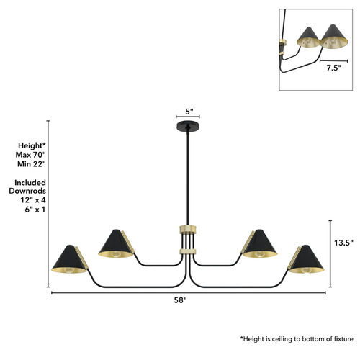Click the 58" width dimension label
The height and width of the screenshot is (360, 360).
click(180, 300)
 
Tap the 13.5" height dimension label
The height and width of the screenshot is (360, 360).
click(343, 243)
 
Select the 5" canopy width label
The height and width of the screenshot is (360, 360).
click(189, 112)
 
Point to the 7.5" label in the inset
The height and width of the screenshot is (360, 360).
click(333, 68)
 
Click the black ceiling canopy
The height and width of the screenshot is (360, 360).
click(188, 126)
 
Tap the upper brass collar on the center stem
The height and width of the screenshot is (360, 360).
click(188, 230)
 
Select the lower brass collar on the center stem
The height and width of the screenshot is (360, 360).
click(188, 252)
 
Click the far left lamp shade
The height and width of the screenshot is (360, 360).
click(69, 259)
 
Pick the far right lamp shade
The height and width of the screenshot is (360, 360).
click(307, 259)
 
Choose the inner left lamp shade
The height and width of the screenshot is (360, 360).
click(116, 243)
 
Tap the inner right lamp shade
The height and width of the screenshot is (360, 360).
click(260, 243)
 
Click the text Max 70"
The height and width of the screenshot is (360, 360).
click(30, 155)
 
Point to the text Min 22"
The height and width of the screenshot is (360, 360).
click(31, 164)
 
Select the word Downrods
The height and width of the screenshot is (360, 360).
click(27, 191)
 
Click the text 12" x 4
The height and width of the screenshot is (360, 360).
click(33, 200)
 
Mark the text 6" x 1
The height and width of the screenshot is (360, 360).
click(35, 210)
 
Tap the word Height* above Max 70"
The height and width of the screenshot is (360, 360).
click(32, 145)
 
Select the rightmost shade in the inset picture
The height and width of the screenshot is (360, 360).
click(334, 37)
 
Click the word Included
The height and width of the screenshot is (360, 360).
click(30, 183)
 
